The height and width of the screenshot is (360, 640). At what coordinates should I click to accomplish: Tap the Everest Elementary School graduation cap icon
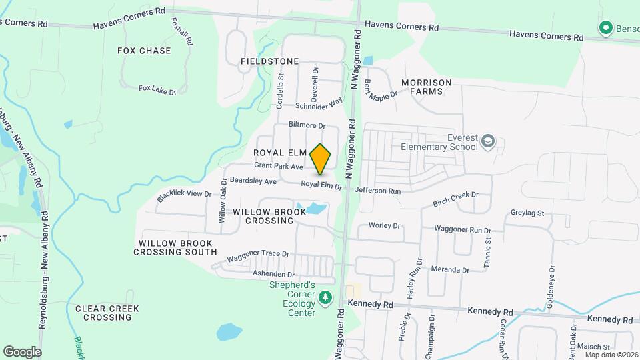click(489, 141)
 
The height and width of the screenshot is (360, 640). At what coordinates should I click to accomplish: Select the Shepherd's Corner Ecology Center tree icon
click(325, 297)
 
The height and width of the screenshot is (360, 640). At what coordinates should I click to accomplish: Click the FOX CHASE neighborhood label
click(144, 51)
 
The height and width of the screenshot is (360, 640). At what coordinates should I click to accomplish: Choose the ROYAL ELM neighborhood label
click(279, 153)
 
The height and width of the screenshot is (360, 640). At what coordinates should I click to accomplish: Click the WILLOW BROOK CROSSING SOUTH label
click(175, 247)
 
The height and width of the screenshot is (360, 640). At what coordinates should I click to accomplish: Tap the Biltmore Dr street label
click(307, 125)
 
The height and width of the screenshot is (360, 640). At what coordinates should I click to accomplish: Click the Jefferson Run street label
click(378, 191)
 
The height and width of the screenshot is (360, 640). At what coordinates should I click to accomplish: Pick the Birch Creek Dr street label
click(456, 196)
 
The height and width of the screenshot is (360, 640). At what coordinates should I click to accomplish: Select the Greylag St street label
click(528, 214)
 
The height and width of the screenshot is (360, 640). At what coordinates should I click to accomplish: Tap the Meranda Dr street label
click(450, 270)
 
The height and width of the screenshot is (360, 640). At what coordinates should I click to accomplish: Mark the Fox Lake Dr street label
click(157, 89)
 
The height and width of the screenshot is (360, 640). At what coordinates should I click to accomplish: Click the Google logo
click(22, 351)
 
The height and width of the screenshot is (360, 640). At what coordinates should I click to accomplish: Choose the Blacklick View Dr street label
click(184, 195)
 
